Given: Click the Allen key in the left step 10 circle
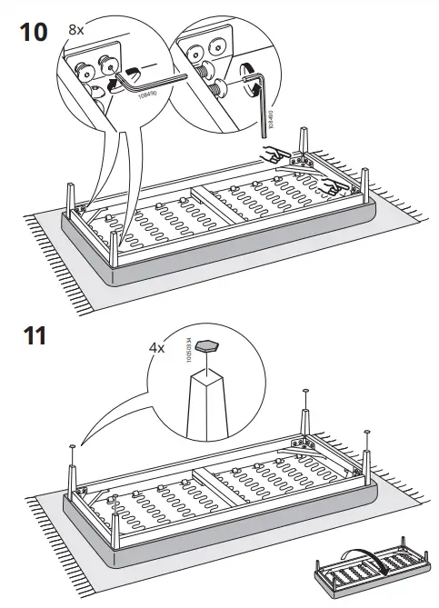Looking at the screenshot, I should (x=155, y=84).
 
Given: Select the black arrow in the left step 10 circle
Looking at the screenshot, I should (x=116, y=85).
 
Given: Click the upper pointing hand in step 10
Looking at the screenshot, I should (x=271, y=155).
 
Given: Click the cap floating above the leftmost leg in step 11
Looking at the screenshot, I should (x=70, y=447).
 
